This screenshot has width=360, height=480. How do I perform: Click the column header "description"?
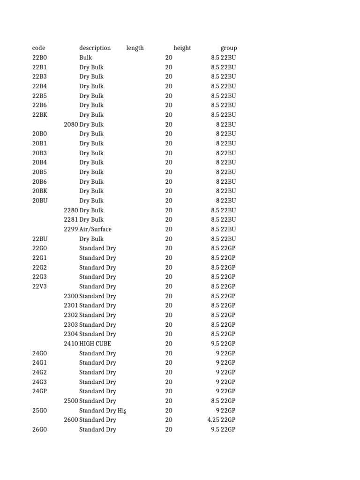[x=95, y=48]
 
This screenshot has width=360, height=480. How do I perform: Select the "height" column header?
[x=182, y=48]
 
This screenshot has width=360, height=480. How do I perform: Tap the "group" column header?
[x=229, y=48]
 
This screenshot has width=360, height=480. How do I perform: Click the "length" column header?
[x=135, y=48]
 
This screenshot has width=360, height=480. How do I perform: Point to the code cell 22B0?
[x=39, y=58]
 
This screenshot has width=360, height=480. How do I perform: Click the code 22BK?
[x=39, y=115]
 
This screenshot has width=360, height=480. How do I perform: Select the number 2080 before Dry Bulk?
[x=71, y=124]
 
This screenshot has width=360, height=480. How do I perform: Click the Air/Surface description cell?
[x=96, y=229]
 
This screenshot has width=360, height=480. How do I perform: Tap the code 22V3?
[x=39, y=286]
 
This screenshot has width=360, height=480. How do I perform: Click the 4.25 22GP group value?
[x=221, y=420]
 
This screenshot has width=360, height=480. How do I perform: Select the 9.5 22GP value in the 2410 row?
[x=223, y=344]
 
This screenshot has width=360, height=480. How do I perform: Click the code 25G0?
[x=39, y=411]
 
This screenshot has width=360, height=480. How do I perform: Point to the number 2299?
[x=71, y=229]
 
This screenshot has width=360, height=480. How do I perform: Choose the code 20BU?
[x=39, y=201]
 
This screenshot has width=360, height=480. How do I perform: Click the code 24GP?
[x=39, y=391]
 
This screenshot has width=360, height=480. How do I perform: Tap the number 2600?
[x=71, y=420]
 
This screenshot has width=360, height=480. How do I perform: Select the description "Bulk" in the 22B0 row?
[x=86, y=58]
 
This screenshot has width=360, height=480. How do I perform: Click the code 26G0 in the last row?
[x=39, y=429]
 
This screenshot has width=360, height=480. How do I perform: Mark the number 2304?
[x=71, y=334]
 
